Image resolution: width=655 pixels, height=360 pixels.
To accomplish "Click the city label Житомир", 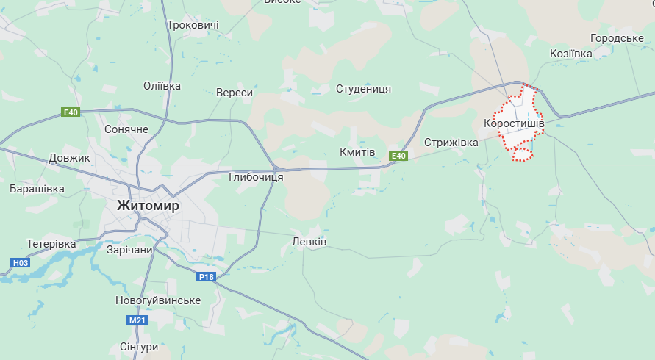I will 148,206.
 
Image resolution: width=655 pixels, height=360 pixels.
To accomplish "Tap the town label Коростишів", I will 514,123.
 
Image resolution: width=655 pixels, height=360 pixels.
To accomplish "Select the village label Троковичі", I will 193,25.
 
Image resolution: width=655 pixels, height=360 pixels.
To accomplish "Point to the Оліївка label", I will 162,86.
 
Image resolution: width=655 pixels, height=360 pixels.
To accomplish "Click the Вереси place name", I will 235,93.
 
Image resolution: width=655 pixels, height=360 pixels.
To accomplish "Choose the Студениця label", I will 363,89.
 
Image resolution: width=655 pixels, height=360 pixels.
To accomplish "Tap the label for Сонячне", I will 126,129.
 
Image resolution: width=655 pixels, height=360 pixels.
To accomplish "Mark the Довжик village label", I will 68,158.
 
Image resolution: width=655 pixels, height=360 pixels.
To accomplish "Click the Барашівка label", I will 37,189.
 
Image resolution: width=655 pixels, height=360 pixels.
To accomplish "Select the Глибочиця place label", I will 256,177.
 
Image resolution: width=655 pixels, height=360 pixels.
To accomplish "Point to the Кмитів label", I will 357,152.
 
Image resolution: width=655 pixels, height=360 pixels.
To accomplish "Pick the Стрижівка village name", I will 451,142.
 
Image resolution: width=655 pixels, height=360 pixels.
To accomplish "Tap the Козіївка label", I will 570,54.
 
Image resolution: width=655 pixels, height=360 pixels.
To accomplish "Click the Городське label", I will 617,38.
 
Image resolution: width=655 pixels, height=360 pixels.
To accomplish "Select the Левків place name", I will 309,242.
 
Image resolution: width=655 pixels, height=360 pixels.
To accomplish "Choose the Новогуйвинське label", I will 158,300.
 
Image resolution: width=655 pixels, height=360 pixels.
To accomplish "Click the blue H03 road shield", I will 21,262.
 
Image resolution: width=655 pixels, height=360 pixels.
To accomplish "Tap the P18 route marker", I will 206,277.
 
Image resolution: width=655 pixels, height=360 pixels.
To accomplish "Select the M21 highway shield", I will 137,321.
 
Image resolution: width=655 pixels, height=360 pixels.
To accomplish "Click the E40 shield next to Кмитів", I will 398,156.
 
